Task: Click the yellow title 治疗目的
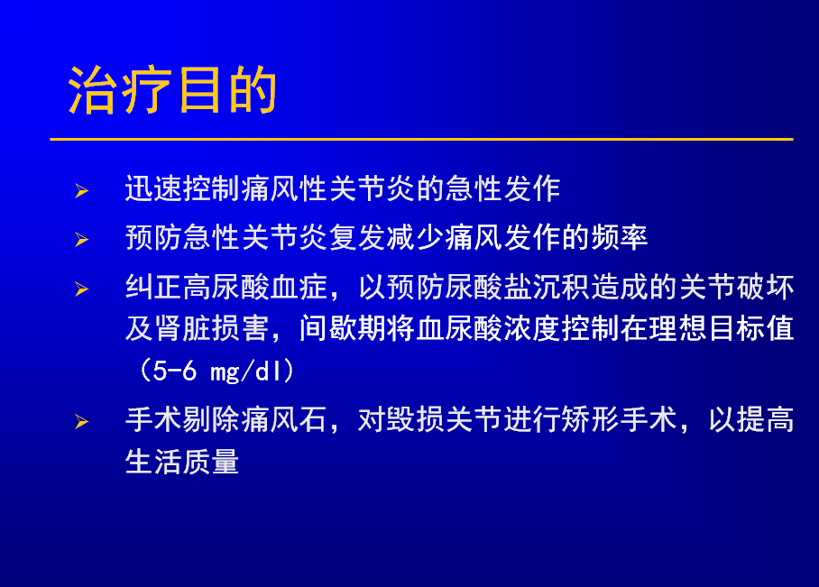click(x=172, y=90)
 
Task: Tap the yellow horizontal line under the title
click(x=421, y=140)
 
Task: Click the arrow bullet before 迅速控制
click(x=81, y=190)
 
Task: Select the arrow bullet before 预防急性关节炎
click(x=81, y=240)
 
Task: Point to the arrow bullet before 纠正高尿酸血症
click(x=81, y=289)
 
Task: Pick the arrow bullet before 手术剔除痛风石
click(x=81, y=421)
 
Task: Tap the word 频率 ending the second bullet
click(x=620, y=238)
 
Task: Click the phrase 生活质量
click(x=182, y=461)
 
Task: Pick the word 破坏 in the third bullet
click(x=765, y=287)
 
